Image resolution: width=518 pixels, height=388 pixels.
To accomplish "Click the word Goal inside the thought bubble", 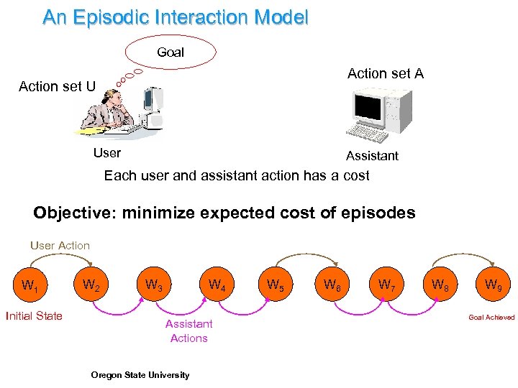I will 171,52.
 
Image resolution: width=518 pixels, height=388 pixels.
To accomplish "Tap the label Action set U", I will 57,86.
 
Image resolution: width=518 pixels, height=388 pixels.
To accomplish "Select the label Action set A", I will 385,73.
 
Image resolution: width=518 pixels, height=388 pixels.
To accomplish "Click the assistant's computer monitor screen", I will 369,108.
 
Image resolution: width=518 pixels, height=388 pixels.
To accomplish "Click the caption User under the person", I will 107,152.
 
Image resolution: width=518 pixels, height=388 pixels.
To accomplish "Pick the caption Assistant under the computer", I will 372,156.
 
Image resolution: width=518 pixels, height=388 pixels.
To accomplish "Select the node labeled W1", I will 29,285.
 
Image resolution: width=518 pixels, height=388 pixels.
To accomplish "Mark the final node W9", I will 493,285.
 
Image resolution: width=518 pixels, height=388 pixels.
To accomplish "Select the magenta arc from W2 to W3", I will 122,311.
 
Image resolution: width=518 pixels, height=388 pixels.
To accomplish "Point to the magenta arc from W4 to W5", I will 245,312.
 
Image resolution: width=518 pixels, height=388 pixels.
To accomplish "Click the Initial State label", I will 34,316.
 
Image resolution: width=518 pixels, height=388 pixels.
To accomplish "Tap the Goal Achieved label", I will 491,317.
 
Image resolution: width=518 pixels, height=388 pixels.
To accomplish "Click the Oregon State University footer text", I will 140,374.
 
